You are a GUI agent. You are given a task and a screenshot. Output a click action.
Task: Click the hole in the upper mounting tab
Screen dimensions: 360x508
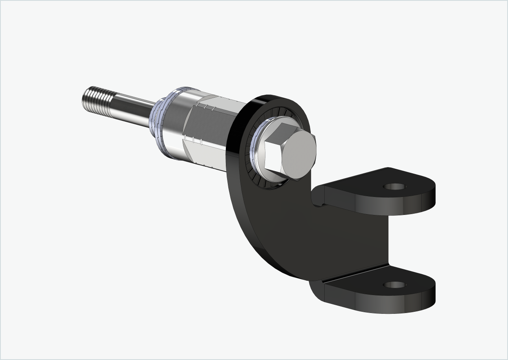[x=394, y=187]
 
